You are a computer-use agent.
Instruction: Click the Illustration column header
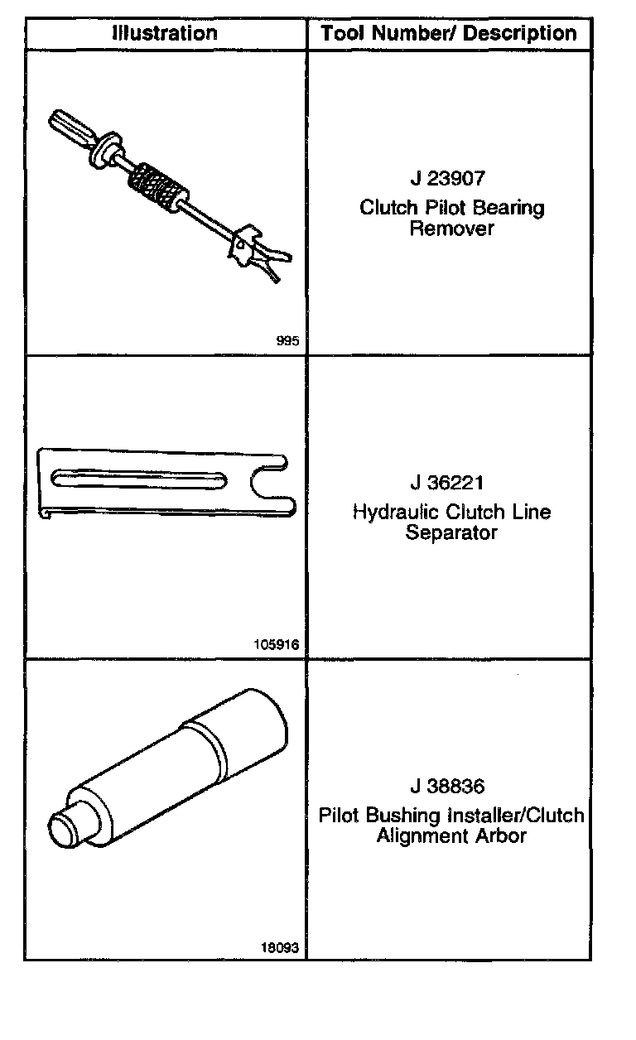165,33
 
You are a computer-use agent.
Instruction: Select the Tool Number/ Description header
449,34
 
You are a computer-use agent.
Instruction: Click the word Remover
451,229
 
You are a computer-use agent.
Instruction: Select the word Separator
451,532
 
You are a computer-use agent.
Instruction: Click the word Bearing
511,207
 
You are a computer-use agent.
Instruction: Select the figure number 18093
281,948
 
